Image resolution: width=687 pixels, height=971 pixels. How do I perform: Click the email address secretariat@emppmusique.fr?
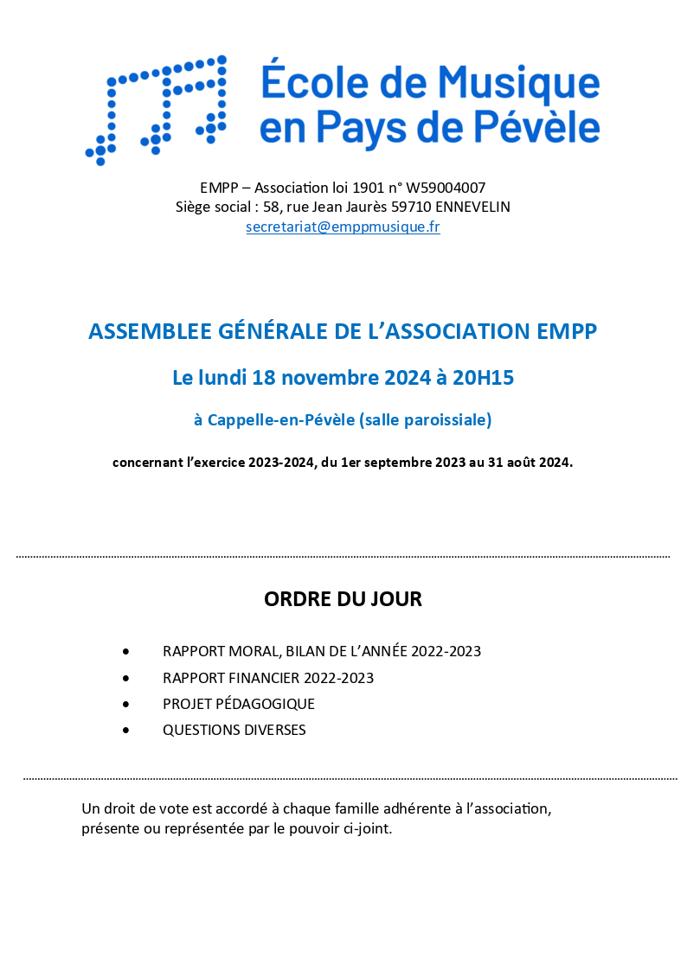(343, 227)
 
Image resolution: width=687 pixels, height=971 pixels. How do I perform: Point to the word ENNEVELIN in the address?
(472, 208)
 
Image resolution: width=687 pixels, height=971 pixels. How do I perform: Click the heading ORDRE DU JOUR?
(343, 599)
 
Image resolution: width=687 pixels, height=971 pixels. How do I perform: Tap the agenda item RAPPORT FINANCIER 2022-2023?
(268, 678)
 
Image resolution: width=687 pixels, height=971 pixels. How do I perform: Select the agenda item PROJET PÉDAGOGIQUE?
(239, 704)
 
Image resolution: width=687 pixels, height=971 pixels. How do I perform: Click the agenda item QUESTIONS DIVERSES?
(234, 730)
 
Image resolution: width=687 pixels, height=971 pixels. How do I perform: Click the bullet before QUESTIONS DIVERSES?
(126, 730)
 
